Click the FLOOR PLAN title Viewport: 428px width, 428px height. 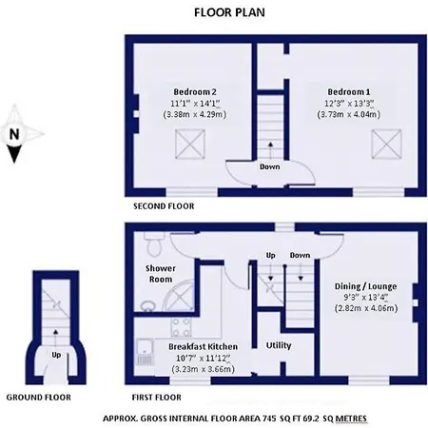[x=229, y=12]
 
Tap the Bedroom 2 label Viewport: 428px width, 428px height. [x=195, y=92]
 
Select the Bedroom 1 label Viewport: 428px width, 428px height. [x=349, y=92]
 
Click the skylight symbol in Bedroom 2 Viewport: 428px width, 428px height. [x=190, y=144]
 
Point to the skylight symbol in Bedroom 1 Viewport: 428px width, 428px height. [x=386, y=144]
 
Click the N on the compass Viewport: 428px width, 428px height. [x=14, y=134]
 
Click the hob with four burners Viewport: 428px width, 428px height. [x=182, y=327]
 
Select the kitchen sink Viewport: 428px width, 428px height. [x=146, y=352]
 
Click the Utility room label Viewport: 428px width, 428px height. [x=279, y=345]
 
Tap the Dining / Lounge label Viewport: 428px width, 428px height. [x=365, y=286]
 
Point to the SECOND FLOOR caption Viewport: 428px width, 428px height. [x=164, y=206]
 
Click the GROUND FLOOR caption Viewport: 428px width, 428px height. [x=39, y=398]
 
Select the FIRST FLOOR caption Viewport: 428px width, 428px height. [x=157, y=398]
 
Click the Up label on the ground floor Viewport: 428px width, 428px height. [x=56, y=355]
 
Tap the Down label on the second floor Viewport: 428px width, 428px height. [x=270, y=166]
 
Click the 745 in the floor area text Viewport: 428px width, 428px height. [x=269, y=418]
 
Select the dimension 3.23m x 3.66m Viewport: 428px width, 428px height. [x=204, y=369]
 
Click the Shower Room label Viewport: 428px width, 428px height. [x=161, y=274]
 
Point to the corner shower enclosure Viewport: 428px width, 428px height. [x=178, y=296]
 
